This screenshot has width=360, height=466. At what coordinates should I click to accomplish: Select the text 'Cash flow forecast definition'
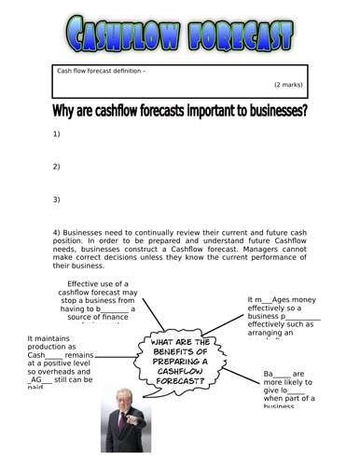[x=100, y=71]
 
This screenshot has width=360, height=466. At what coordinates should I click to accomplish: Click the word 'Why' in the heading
[x=65, y=114]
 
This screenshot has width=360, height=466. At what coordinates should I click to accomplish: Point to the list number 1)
[x=56, y=135]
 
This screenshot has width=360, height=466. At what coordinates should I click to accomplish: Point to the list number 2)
[x=56, y=167]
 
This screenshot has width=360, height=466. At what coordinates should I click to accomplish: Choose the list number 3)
[x=56, y=199]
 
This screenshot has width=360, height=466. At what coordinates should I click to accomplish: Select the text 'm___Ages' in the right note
[x=273, y=300]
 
